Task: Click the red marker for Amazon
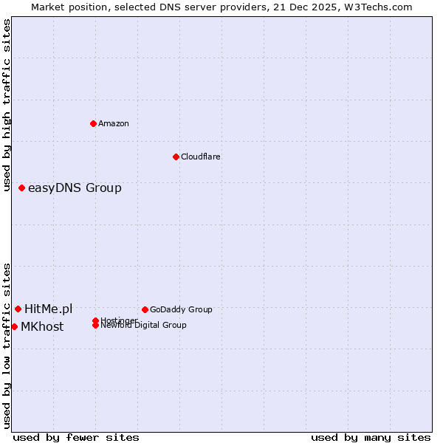click(x=94, y=123)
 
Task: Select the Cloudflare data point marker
click(x=176, y=157)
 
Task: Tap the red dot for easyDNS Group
click(x=22, y=188)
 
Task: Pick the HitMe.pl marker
click(x=18, y=309)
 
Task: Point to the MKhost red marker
click(x=15, y=326)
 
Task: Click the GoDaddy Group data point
click(x=145, y=309)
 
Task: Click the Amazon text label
click(x=113, y=123)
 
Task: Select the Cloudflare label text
click(x=200, y=157)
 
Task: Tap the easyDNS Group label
click(x=75, y=188)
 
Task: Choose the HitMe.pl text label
click(x=48, y=309)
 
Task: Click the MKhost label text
click(x=42, y=327)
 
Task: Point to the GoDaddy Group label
click(x=180, y=309)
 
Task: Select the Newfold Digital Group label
click(x=143, y=326)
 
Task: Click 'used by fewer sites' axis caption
click(x=76, y=437)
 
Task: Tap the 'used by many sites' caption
click(x=371, y=437)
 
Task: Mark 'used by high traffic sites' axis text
click(x=7, y=105)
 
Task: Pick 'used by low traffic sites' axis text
click(x=7, y=346)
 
